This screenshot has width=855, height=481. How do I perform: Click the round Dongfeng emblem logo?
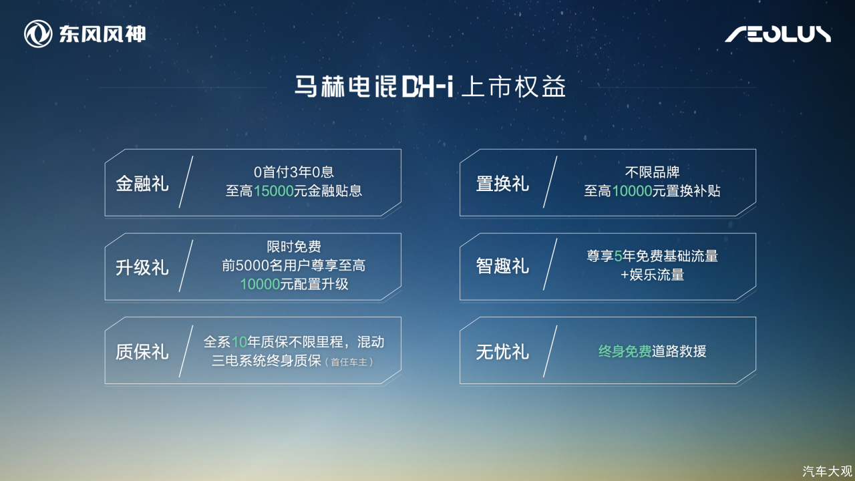point(38,34)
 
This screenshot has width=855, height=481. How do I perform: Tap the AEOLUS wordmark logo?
point(778,34)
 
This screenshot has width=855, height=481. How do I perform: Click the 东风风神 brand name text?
point(102,34)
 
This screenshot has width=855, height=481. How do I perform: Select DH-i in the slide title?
point(427,87)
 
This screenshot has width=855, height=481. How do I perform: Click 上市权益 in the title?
point(514,87)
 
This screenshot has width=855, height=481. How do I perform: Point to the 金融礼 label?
point(142,184)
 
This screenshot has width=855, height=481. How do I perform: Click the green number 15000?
point(273,191)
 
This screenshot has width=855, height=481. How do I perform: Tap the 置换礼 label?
point(502,184)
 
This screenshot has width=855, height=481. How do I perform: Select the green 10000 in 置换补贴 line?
point(632,191)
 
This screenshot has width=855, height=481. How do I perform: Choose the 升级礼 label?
point(142,267)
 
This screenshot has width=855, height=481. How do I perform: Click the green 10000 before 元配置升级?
point(261,284)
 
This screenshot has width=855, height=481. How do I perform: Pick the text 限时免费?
point(294,247)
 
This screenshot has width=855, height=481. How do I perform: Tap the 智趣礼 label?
point(502,266)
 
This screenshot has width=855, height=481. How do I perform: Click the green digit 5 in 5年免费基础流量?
point(619,256)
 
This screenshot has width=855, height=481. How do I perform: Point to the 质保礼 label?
point(142,351)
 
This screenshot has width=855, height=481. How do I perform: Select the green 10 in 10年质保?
point(239,342)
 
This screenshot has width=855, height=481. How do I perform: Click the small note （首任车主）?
point(349,362)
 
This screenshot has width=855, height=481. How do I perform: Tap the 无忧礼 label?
point(502,351)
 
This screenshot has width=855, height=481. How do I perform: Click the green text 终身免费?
point(625,351)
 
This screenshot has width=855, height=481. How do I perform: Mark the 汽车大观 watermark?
point(827,472)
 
